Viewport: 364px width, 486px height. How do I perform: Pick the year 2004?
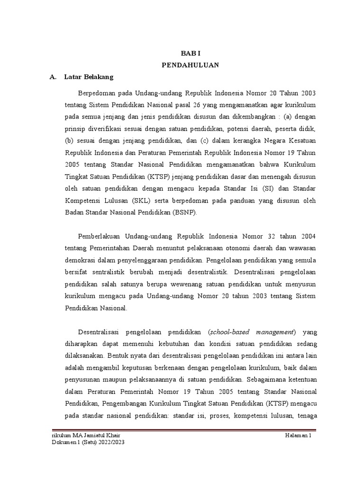click(308, 236)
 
